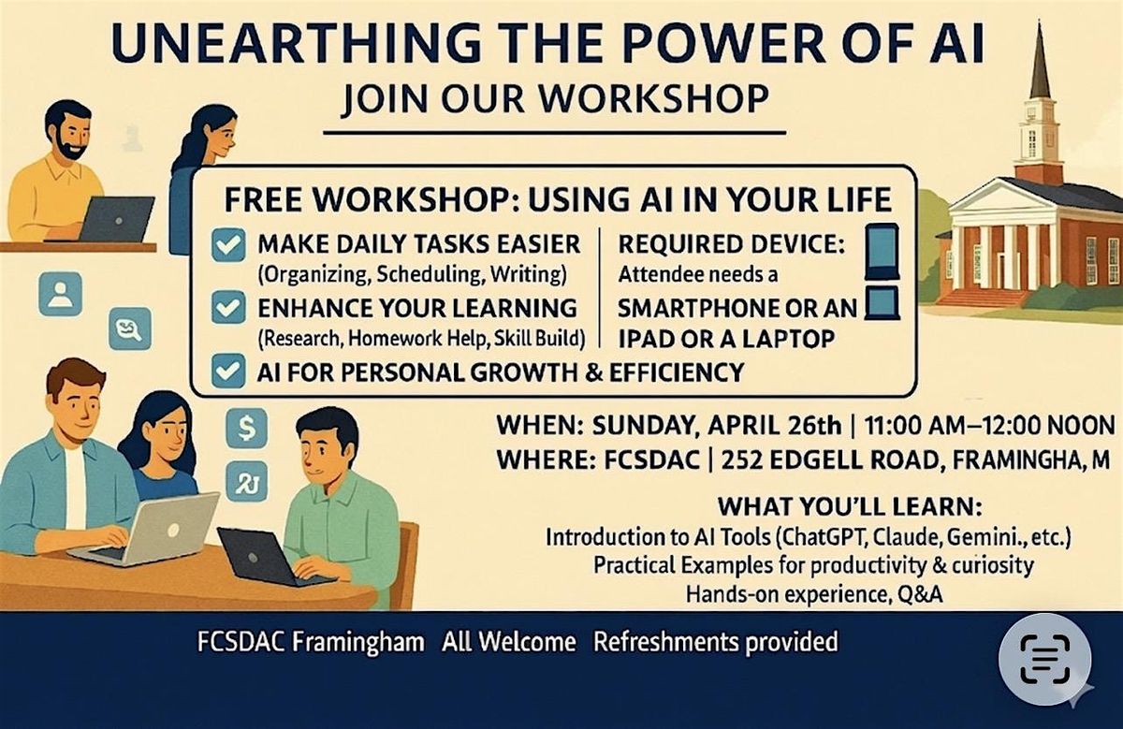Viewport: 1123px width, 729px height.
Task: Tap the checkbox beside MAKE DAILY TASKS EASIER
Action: tap(228, 244)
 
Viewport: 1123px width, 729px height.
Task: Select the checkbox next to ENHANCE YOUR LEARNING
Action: tap(228, 307)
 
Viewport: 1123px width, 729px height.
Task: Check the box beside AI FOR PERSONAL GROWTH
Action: tap(228, 371)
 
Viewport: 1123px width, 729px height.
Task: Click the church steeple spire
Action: tap(1040, 60)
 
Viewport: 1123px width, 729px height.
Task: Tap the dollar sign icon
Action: tap(246, 429)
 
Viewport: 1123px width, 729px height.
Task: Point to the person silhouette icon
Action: tap(60, 294)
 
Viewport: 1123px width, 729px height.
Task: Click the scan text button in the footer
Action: tap(1044, 659)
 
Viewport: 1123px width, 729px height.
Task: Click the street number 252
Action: tap(742, 460)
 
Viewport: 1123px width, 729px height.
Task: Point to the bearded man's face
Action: tap(74, 134)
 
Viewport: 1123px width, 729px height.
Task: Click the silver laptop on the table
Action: tap(151, 531)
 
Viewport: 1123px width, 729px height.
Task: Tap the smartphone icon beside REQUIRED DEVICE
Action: tap(882, 252)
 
